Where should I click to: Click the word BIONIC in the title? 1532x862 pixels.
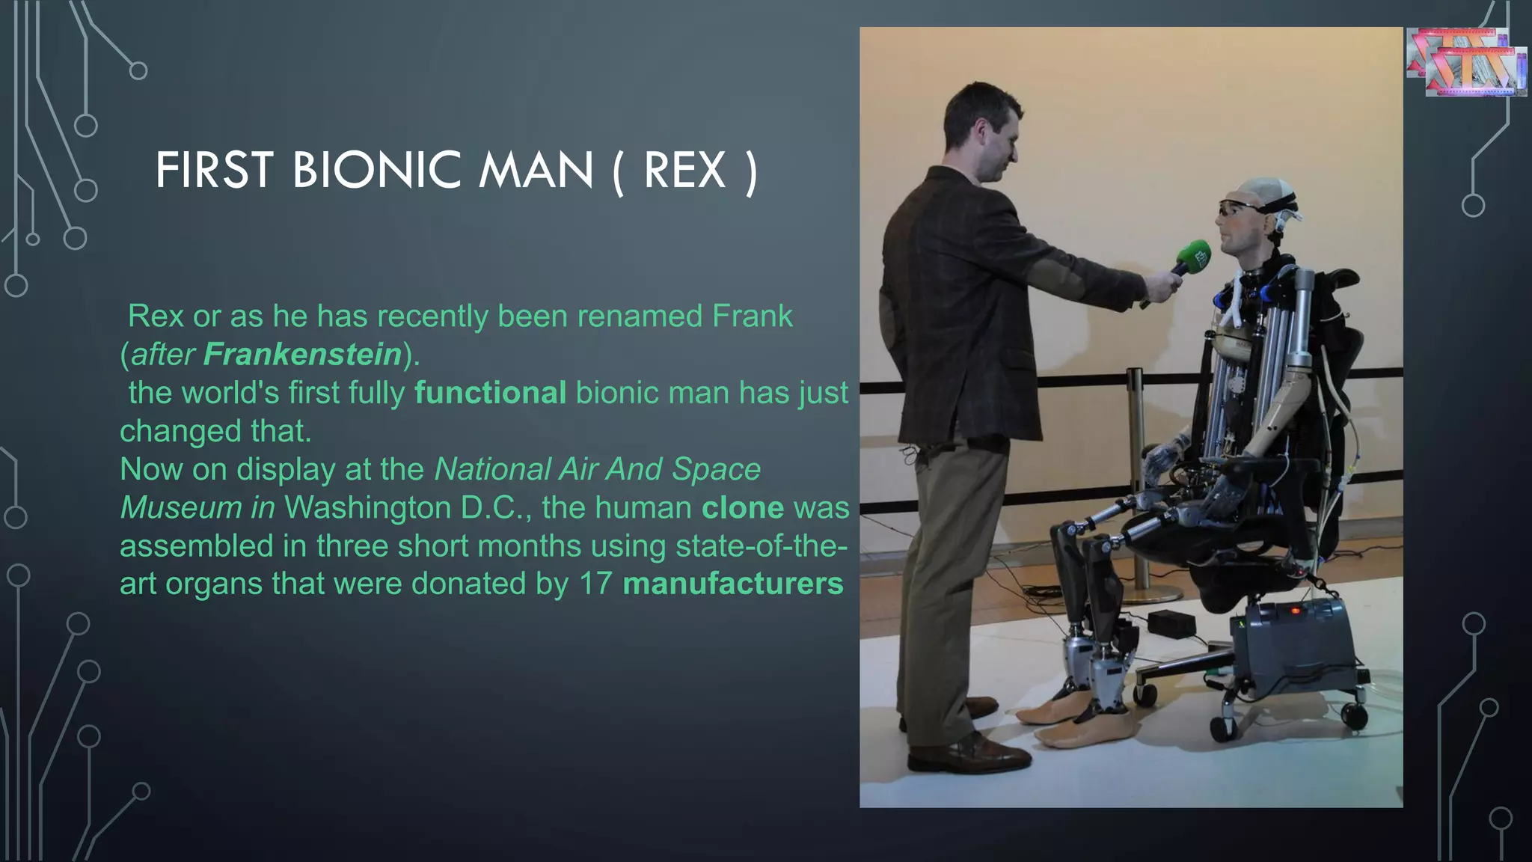tap(376, 170)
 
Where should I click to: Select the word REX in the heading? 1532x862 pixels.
tap(684, 170)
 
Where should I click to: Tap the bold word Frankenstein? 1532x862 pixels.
tap(302, 354)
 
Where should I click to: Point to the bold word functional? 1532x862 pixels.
tap(490, 392)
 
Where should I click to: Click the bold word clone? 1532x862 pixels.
tap(742, 507)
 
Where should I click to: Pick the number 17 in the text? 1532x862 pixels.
tap(595, 584)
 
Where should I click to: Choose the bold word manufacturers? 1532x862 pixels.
tap(732, 584)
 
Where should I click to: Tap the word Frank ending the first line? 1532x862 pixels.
tap(752, 316)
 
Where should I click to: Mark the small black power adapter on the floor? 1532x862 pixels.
tap(1171, 623)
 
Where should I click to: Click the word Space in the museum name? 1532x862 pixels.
tap(716, 469)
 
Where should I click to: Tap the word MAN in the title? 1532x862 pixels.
tap(536, 170)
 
